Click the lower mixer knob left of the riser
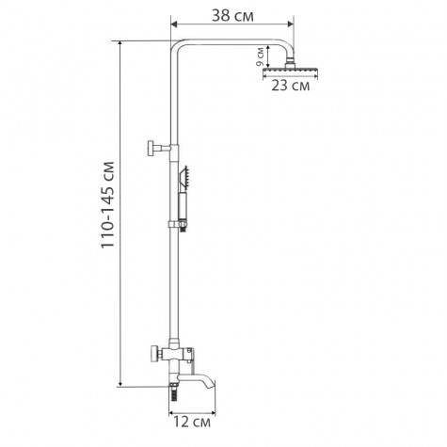152,356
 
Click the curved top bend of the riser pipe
178,48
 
